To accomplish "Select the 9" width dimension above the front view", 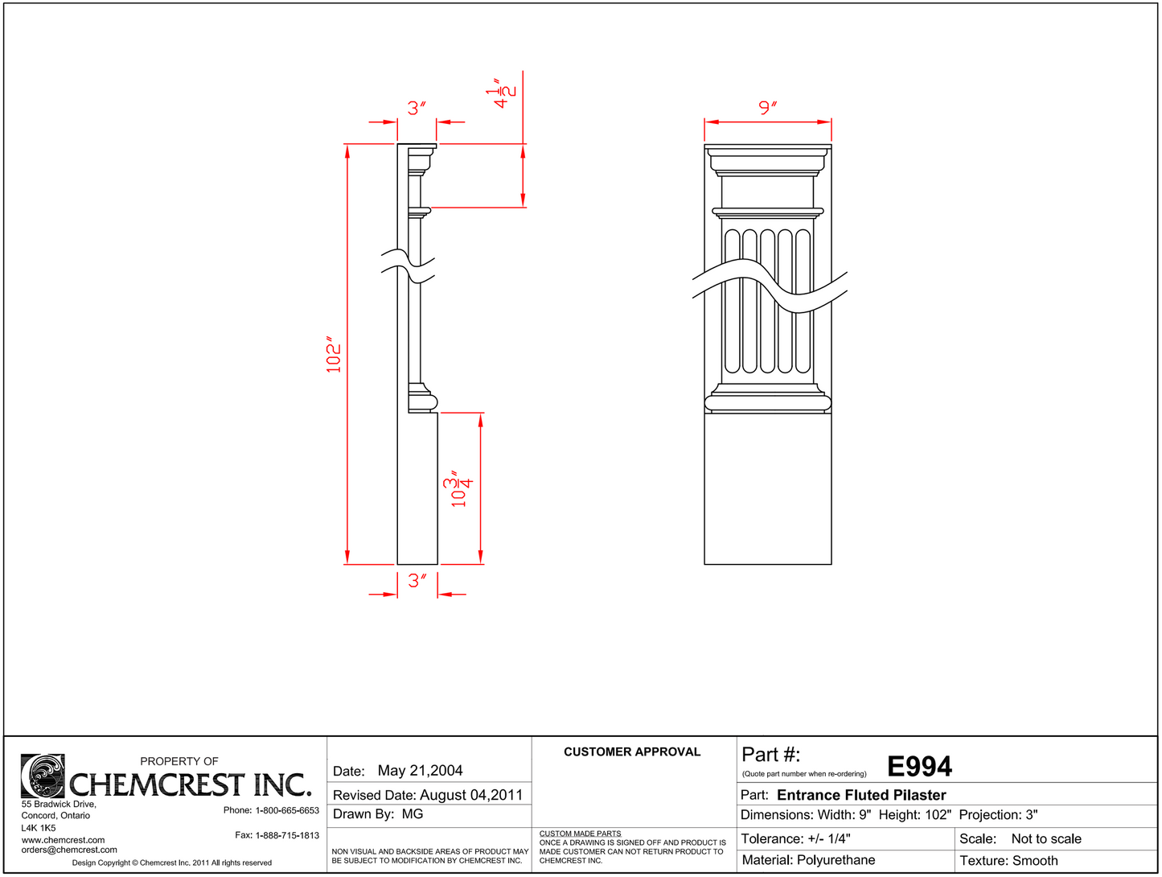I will click(767, 107).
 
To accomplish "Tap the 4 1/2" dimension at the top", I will click(501, 93).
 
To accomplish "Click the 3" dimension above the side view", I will click(416, 108).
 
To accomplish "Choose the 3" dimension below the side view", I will click(417, 580).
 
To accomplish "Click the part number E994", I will click(919, 767).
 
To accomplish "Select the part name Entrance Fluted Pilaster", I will click(860, 795).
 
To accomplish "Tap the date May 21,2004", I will click(420, 771).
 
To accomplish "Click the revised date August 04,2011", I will click(470, 795).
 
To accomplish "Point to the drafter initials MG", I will click(412, 814).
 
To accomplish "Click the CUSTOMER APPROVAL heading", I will click(631, 752).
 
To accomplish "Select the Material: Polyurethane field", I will click(807, 860).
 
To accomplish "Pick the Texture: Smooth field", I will click(1008, 860).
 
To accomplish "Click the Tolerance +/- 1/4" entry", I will click(795, 838).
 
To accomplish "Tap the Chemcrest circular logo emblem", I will click(43, 776).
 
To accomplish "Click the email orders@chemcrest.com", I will click(69, 850).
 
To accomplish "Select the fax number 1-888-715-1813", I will click(287, 835).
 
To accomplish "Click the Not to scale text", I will click(1045, 838).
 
